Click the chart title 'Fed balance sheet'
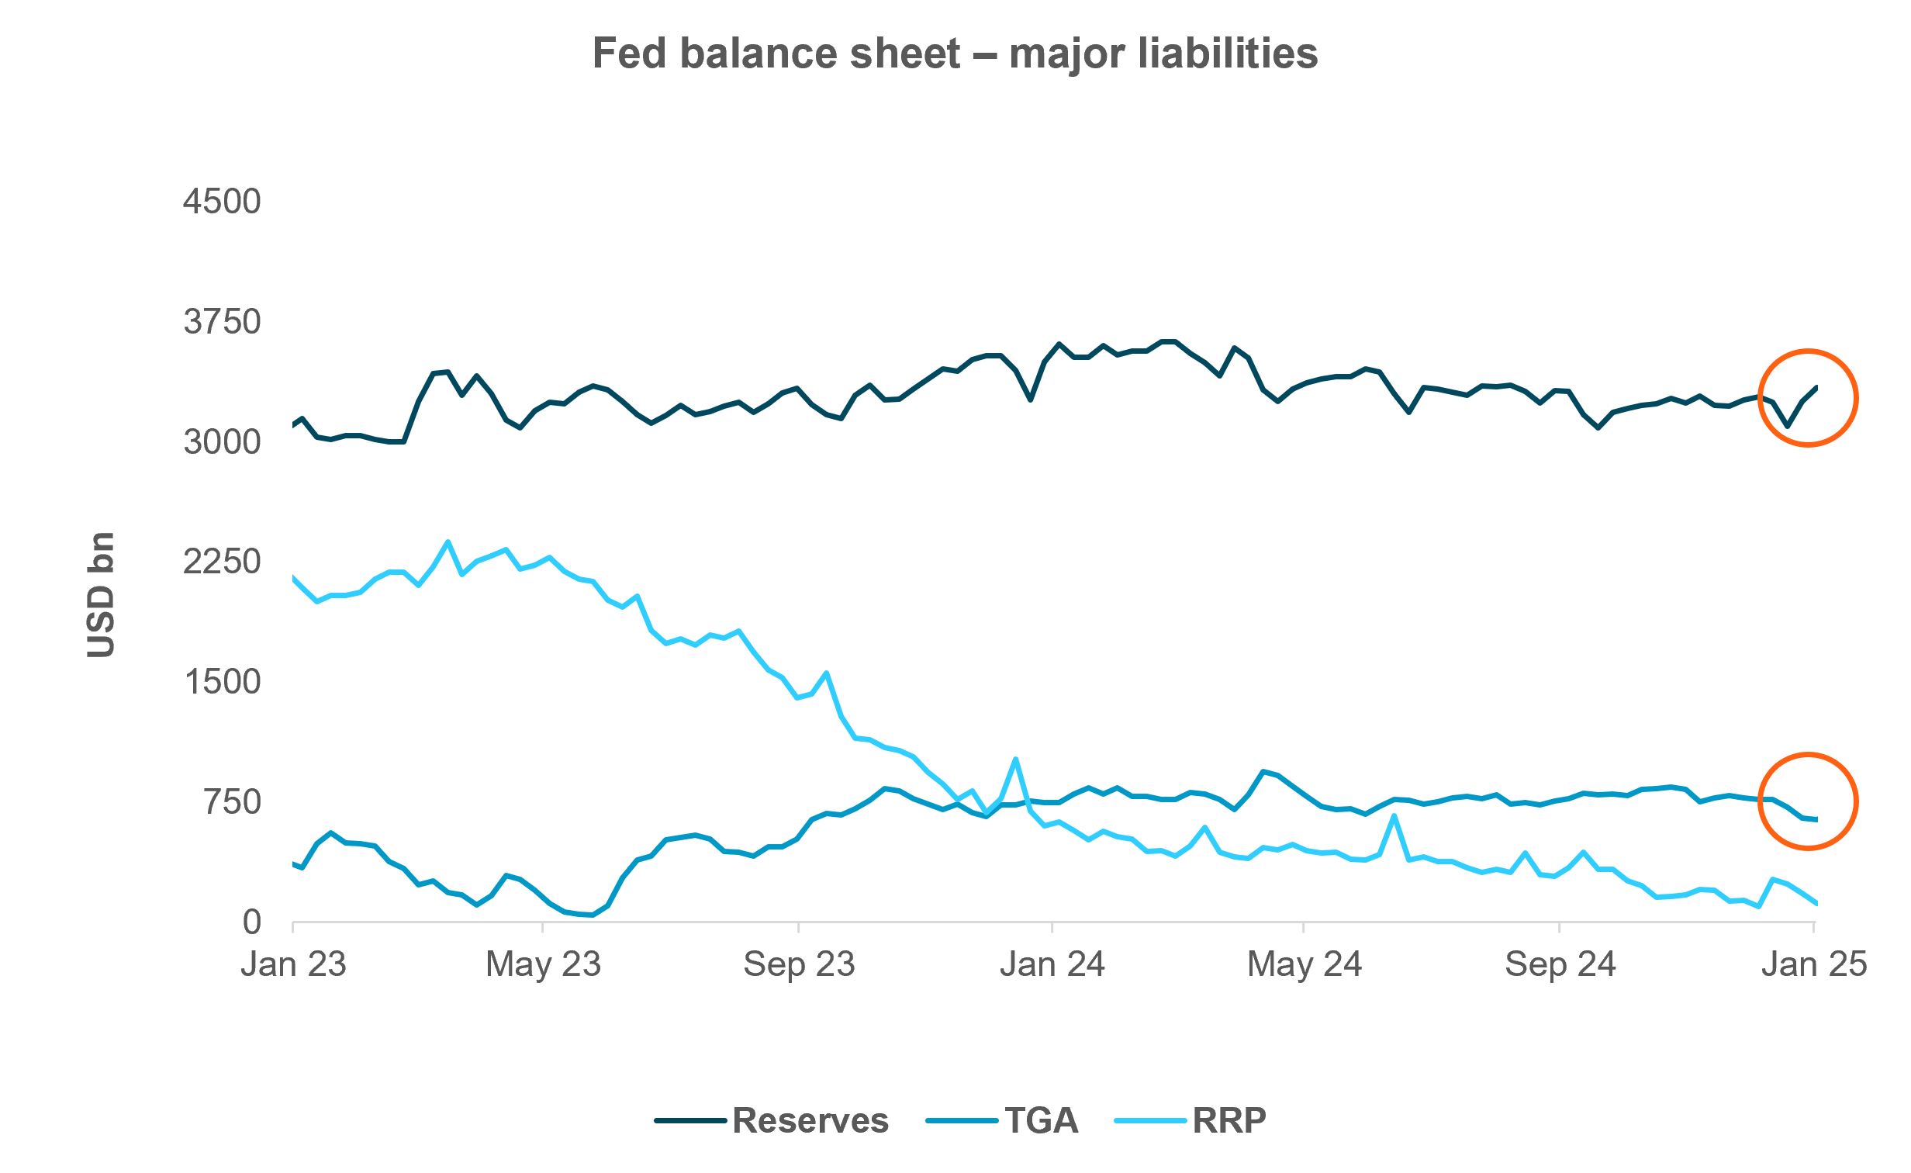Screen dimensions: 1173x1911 (x=955, y=54)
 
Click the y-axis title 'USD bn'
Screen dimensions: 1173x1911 (x=101, y=595)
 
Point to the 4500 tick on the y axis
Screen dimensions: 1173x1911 (x=222, y=202)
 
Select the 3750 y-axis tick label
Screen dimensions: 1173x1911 (x=222, y=322)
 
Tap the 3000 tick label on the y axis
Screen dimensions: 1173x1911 (x=222, y=442)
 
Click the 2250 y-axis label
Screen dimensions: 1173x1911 (x=222, y=562)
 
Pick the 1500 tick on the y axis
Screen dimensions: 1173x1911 (x=222, y=682)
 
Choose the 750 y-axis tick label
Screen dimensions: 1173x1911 (x=233, y=802)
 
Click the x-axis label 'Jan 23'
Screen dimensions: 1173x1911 (x=293, y=964)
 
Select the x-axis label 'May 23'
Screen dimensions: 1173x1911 (x=543, y=964)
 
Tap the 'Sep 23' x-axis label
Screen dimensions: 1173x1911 (x=799, y=964)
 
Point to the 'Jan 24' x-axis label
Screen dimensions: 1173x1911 (x=1052, y=964)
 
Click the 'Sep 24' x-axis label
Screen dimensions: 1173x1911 (x=1560, y=964)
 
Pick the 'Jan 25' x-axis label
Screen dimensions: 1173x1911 (x=1813, y=964)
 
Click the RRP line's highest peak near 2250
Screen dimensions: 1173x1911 (x=448, y=542)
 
